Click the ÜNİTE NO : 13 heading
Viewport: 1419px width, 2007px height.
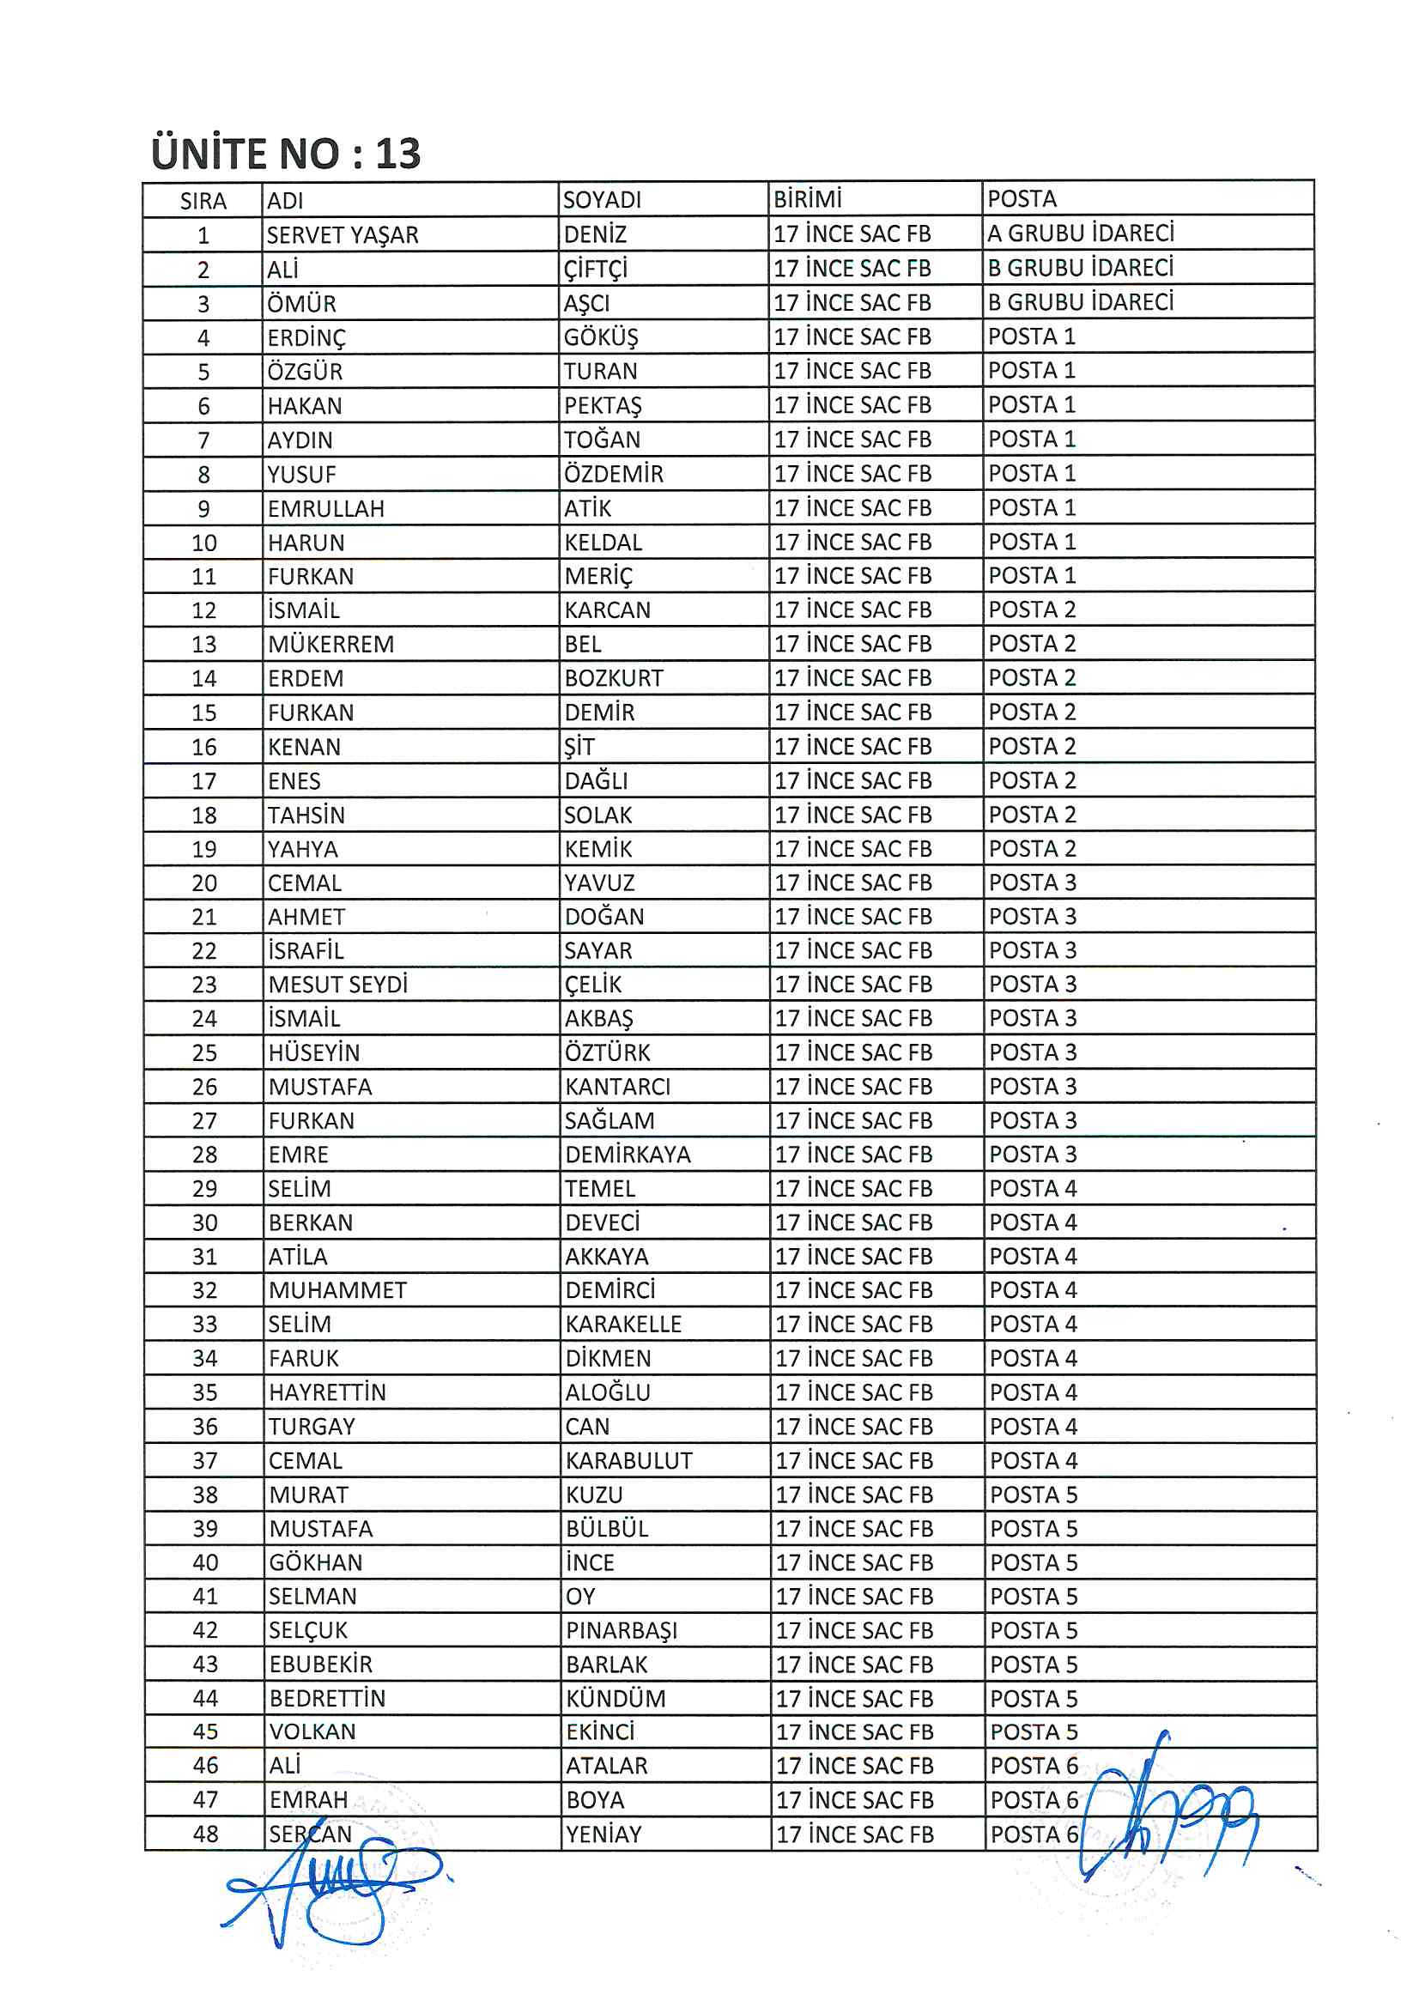coord(286,154)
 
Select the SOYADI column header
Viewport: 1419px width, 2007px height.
coord(602,200)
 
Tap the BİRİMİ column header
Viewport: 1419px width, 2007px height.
coord(807,199)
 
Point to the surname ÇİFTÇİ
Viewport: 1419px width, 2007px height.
coord(596,270)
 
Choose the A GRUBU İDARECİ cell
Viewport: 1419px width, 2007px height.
coord(1081,233)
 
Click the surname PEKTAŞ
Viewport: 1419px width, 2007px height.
coord(603,405)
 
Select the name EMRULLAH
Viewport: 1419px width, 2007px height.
coord(326,509)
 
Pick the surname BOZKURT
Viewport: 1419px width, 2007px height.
coord(614,678)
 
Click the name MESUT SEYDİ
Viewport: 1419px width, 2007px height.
coord(337,985)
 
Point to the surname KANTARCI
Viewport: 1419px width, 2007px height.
coord(617,1087)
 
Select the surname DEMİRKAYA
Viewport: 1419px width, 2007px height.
coord(628,1155)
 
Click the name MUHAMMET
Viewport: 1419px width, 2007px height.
coord(337,1290)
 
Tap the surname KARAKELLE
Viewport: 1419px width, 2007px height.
coord(622,1325)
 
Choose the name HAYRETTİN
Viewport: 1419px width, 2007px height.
coord(327,1392)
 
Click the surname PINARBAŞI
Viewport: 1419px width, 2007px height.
coord(621,1630)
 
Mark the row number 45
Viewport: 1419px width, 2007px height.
coord(205,1731)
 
